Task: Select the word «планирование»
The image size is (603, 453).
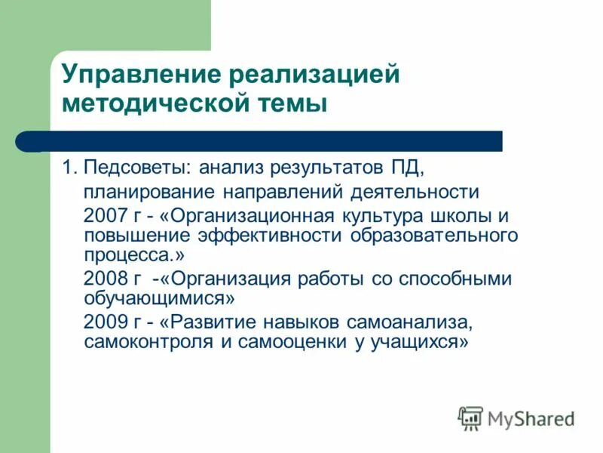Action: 139,191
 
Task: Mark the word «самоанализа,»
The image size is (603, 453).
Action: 409,322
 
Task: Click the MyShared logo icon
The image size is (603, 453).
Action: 470,418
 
